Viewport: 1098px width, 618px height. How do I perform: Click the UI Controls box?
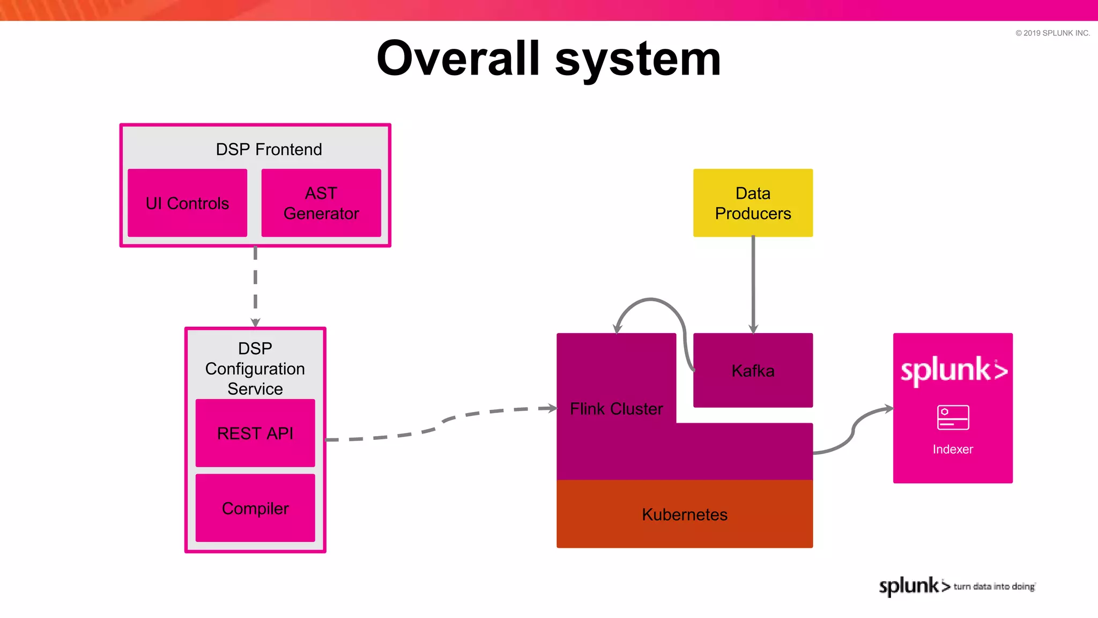click(187, 203)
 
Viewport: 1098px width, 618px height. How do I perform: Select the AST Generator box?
click(321, 203)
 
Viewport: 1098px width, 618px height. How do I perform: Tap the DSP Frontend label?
click(269, 149)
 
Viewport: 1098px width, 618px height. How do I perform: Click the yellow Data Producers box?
click(753, 203)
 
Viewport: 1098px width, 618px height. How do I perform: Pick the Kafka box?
click(753, 371)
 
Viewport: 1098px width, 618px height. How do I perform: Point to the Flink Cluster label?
click(616, 409)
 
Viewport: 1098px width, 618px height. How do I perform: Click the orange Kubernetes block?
click(685, 514)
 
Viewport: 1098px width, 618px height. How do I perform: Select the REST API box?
click(255, 433)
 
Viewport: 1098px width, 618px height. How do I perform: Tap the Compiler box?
click(255, 508)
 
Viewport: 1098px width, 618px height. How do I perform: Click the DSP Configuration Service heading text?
click(255, 369)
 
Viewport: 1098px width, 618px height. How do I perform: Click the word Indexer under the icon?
click(953, 450)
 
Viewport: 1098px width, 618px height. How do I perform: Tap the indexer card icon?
click(953, 417)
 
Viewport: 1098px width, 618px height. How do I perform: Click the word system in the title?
click(638, 59)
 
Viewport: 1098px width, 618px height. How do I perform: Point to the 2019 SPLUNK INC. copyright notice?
click(1052, 33)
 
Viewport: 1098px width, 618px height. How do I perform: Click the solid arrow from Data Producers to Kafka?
click(753, 284)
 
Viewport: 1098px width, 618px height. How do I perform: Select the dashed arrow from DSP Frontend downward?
click(255, 284)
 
